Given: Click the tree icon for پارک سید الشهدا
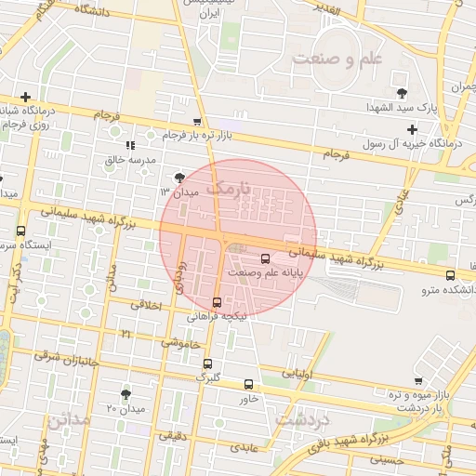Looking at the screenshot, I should point(402,93).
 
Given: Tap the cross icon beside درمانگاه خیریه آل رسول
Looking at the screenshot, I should point(412,128).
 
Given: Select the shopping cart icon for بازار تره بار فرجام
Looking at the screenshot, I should point(196,122).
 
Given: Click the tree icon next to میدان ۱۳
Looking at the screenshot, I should point(178,176).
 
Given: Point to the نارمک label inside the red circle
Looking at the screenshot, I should point(229,190).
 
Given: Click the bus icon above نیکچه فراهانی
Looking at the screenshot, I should point(217,301).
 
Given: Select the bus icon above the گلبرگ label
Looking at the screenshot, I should point(207,364).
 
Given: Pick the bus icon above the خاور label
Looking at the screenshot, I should point(248,384).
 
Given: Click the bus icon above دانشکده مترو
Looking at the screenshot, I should point(451,275).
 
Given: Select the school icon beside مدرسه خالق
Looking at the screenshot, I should point(131,145).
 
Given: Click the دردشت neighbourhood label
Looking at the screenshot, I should point(305,418).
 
